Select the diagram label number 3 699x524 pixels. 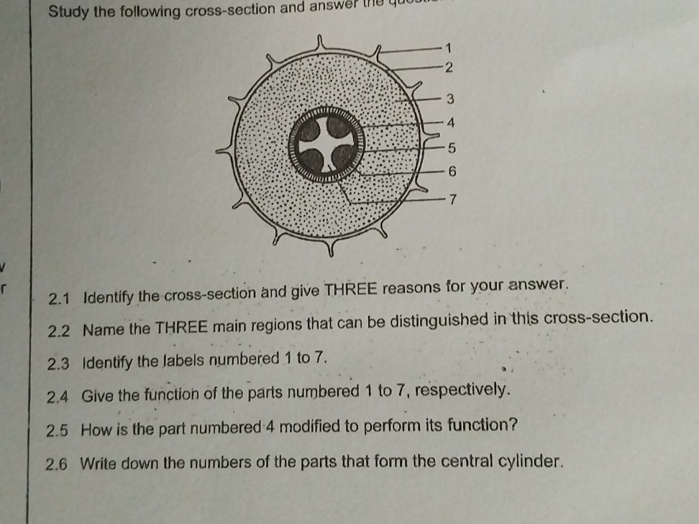coord(450,99)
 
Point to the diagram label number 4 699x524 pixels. coord(451,123)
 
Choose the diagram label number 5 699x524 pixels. coord(452,149)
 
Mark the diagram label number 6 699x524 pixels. coord(452,171)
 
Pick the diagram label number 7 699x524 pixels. coord(452,199)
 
